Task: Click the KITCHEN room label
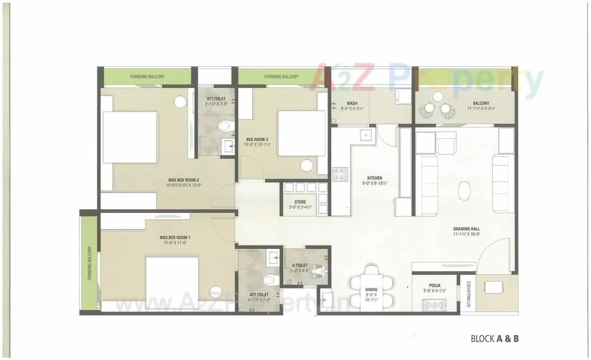[375, 178]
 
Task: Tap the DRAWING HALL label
[466, 229]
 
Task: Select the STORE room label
[300, 202]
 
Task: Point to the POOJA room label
[434, 285]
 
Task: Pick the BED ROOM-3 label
[257, 139]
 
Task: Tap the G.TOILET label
[300, 265]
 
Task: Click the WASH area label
[351, 104]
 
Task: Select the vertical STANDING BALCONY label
[89, 264]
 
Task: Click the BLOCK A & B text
[495, 338]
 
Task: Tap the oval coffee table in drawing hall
[464, 191]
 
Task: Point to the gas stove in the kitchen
[340, 175]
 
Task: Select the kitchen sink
[366, 135]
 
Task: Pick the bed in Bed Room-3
[301, 133]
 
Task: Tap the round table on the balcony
[438, 96]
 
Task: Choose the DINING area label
[371, 290]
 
